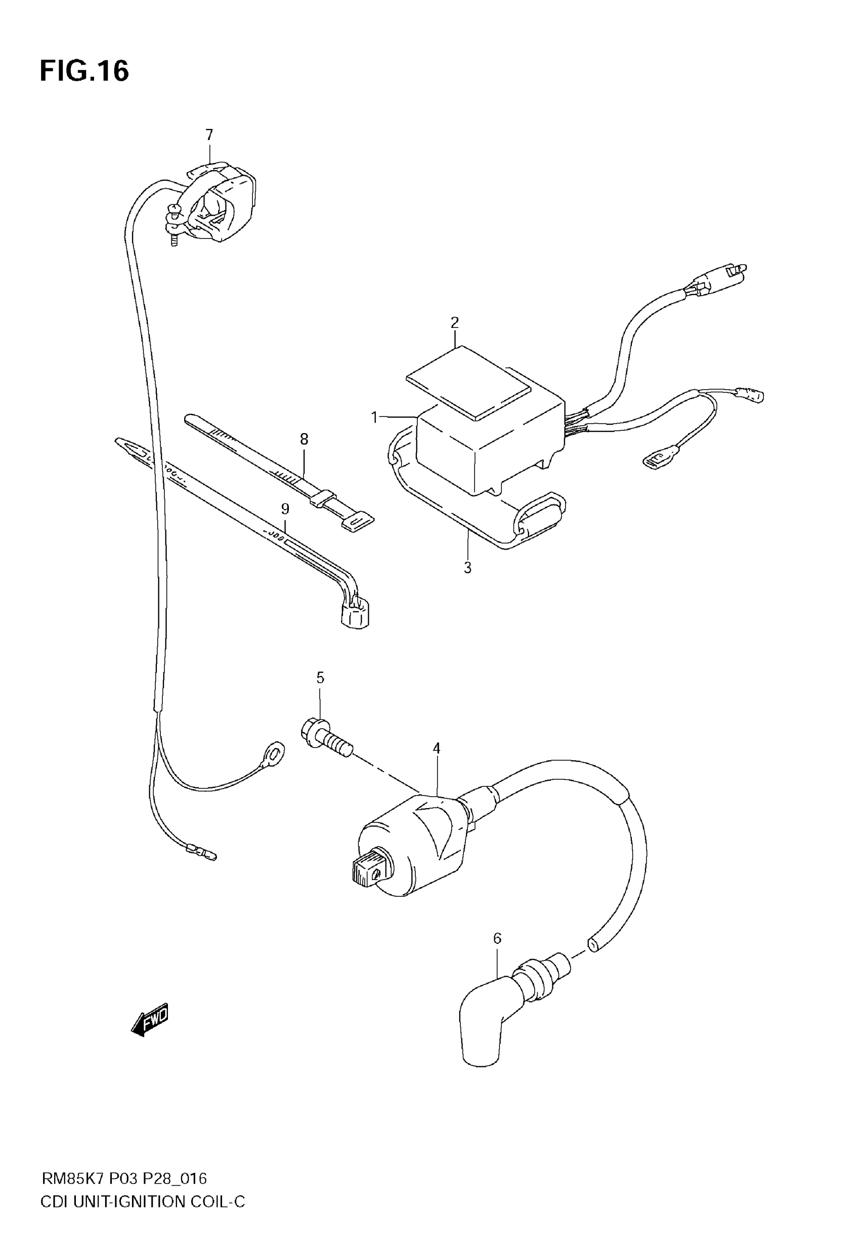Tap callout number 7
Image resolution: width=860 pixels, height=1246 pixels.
point(209,135)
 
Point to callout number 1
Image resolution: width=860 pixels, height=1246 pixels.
point(374,417)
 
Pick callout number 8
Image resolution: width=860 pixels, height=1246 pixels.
point(304,439)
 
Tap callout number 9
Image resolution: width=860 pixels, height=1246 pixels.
point(285,508)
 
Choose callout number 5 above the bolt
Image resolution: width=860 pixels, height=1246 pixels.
point(320,678)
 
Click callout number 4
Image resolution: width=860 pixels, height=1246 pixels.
point(437,748)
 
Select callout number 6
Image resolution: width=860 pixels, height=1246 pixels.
point(497,938)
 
